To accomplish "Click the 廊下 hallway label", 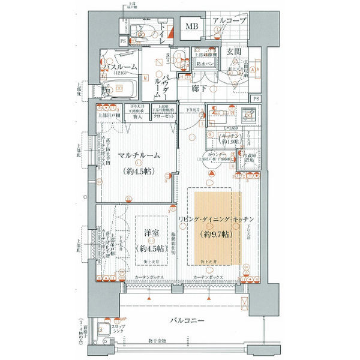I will click(200, 88).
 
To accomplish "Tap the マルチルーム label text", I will click(138, 155).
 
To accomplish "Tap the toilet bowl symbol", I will click(141, 30).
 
